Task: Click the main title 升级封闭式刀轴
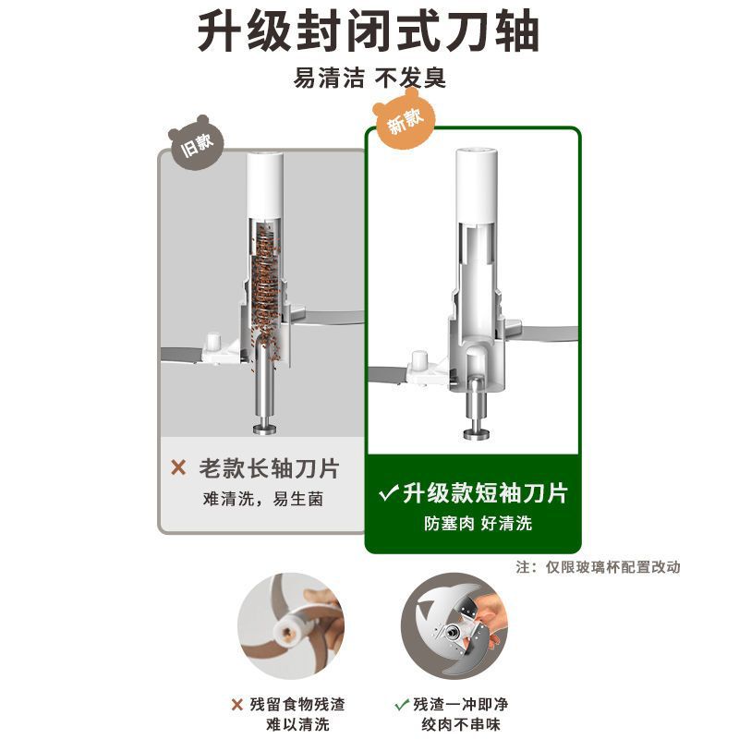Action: (368, 32)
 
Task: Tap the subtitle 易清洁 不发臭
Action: (369, 78)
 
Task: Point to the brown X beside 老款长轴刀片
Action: (178, 467)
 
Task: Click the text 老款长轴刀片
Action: (269, 468)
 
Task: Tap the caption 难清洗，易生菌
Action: (263, 499)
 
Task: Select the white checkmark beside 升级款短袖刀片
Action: (388, 493)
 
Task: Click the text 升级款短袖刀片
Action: (486, 493)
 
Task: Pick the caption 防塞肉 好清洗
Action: (478, 523)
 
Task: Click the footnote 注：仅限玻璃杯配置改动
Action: (598, 567)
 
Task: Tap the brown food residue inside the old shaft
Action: (267, 291)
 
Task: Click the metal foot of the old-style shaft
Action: (265, 429)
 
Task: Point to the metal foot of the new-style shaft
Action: (477, 434)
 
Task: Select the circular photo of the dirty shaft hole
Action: (291, 626)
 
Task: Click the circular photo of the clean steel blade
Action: (454, 626)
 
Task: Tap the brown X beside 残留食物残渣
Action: (237, 705)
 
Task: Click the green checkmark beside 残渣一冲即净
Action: (402, 705)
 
